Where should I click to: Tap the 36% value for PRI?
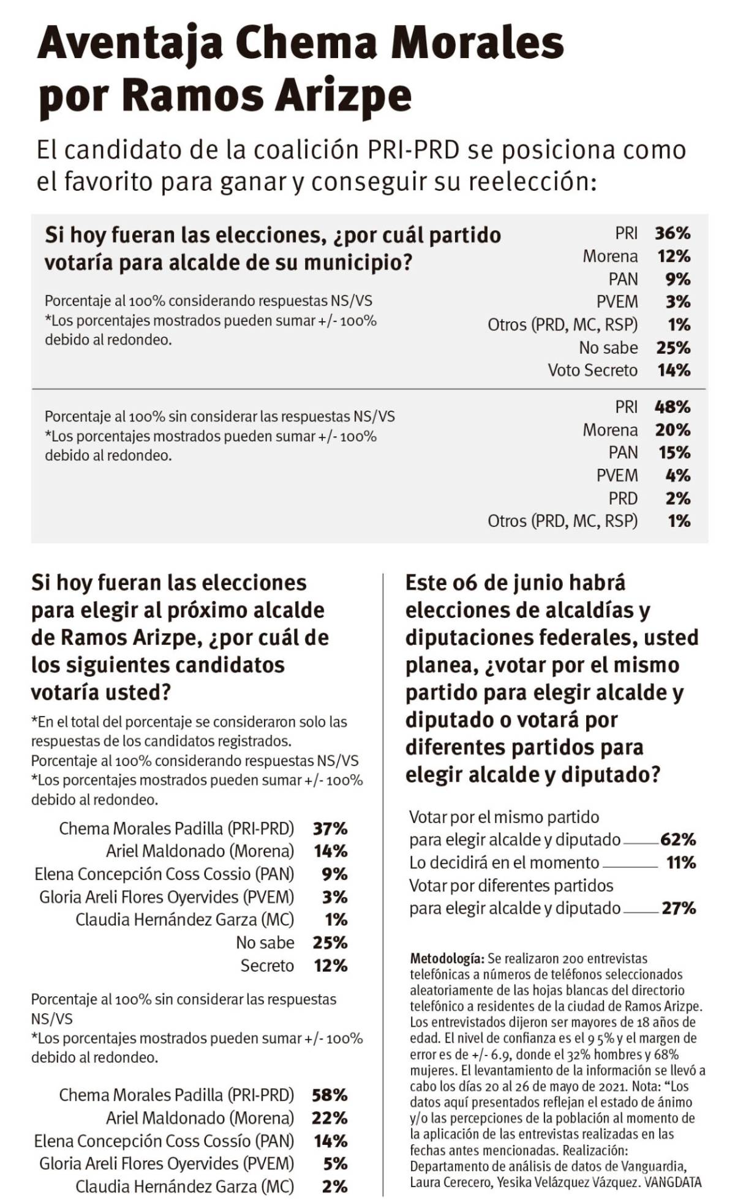(672, 233)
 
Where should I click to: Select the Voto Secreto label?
(592, 370)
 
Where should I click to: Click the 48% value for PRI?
(672, 407)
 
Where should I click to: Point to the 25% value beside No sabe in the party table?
(673, 348)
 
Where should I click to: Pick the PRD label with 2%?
(623, 498)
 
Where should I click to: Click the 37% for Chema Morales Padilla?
(330, 829)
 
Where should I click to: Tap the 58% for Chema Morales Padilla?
(330, 1095)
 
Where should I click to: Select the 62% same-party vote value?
(678, 840)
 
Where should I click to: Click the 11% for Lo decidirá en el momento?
(681, 863)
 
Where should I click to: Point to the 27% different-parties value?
(679, 908)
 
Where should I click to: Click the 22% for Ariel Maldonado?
(330, 1118)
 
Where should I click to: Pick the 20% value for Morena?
(673, 430)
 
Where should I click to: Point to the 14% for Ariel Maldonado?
(330, 851)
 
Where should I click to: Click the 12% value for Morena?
(674, 256)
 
